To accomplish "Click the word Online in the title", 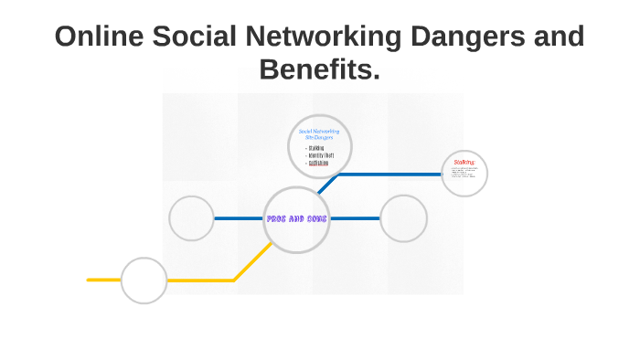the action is tap(99, 37).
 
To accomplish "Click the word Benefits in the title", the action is tap(318, 69).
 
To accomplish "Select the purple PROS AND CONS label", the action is tap(296, 219).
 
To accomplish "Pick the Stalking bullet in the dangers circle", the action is tap(315, 147).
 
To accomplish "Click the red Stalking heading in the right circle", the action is tap(464, 162).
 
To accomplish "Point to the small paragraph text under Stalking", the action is tap(464, 174).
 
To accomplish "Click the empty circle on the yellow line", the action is tap(144, 280).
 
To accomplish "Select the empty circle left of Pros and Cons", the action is tap(192, 218).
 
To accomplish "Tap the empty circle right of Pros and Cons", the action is tap(403, 218).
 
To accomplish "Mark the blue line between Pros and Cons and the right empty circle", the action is tap(355, 218).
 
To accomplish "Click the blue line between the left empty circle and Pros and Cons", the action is tap(239, 218).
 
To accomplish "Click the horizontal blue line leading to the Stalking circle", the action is tap(389, 174).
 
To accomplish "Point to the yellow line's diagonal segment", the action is tap(249, 265).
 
